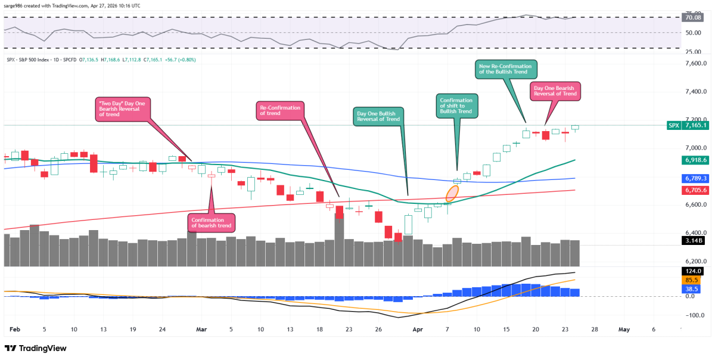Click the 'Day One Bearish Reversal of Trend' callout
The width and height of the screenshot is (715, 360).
click(x=555, y=91)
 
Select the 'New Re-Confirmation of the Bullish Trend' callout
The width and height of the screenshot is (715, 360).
click(x=506, y=69)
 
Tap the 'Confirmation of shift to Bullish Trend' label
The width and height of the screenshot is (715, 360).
click(x=457, y=105)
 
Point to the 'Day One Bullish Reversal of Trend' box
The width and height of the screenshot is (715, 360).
click(x=378, y=116)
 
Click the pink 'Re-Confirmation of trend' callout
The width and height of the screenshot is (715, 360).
click(x=280, y=111)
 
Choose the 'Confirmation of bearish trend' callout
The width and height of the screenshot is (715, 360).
click(x=212, y=223)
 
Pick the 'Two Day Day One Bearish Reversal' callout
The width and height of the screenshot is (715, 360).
click(x=123, y=109)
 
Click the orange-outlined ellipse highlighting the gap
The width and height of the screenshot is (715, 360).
click(x=452, y=193)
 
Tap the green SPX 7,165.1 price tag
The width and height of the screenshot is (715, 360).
click(x=688, y=125)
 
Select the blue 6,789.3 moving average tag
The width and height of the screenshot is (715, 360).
click(x=695, y=178)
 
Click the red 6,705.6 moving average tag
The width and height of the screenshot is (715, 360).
click(x=695, y=190)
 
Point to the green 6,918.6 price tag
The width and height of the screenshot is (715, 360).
click(x=695, y=160)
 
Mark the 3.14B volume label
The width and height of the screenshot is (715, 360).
click(x=694, y=240)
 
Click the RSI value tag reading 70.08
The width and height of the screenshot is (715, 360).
click(x=693, y=17)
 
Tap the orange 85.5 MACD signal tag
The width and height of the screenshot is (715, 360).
click(x=691, y=280)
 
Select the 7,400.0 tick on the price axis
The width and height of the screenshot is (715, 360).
click(x=696, y=92)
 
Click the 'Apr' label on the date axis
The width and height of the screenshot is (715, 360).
click(x=418, y=330)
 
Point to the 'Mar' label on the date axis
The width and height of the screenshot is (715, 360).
click(x=201, y=330)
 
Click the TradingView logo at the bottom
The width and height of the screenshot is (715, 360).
click(x=35, y=348)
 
